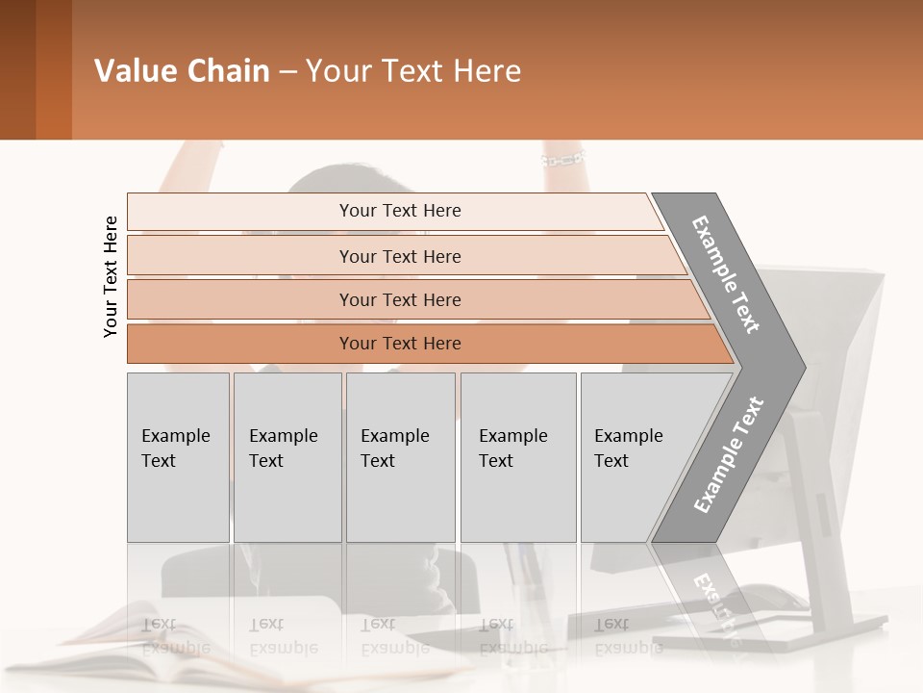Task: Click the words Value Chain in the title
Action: tap(182, 71)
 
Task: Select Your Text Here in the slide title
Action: tap(413, 71)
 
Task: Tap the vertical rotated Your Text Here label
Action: tap(111, 276)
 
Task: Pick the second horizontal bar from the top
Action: tap(400, 256)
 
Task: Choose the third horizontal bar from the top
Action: tap(400, 299)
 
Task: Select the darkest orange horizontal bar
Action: tap(400, 344)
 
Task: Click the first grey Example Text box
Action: tap(178, 457)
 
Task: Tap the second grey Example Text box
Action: tap(287, 457)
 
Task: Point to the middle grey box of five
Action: tap(400, 457)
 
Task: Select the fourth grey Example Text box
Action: tap(517, 457)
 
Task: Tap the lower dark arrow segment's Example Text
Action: tap(728, 455)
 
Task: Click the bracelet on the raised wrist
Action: tap(563, 158)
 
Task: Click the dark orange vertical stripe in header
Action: tap(53, 69)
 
